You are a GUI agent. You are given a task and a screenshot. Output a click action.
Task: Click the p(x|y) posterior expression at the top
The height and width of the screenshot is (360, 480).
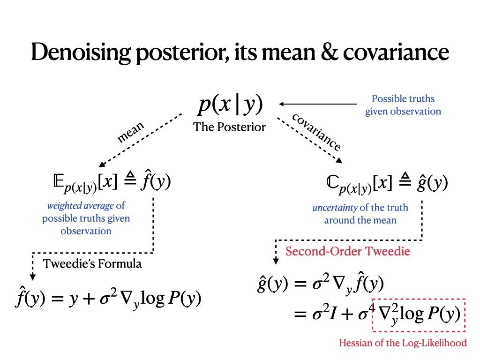[230, 106]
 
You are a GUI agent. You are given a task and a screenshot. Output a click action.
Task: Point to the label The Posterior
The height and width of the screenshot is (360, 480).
[229, 127]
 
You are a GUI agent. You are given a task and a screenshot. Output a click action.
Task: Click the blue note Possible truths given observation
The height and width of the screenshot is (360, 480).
[403, 105]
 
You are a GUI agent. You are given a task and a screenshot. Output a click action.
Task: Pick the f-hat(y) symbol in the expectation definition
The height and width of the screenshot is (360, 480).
[157, 181]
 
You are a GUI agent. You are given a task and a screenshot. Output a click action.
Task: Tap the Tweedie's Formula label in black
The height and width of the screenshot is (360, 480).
[92, 263]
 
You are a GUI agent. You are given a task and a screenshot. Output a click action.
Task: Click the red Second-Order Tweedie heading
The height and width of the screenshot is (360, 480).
[348, 251]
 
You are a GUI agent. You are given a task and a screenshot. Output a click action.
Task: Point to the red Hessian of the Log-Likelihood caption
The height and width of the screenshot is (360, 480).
[403, 343]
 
